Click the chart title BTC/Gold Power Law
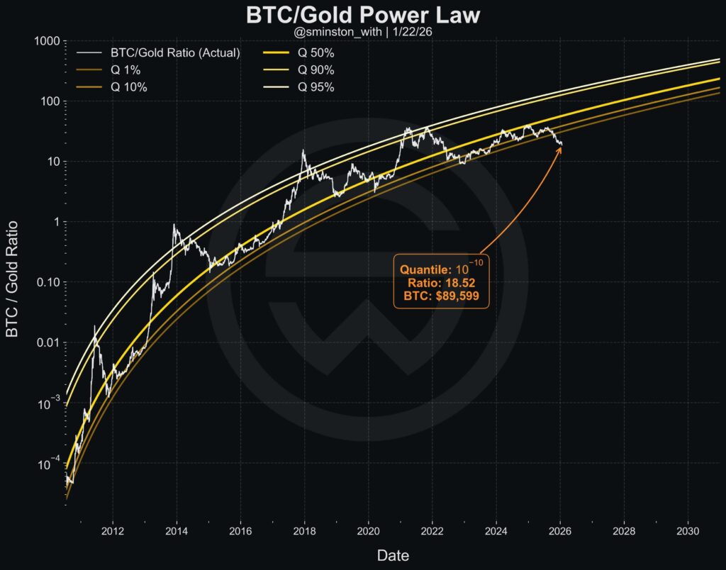[x=362, y=15]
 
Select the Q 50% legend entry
[x=315, y=52]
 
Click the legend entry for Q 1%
[x=127, y=69]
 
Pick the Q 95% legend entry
[x=315, y=87]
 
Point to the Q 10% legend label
[x=130, y=87]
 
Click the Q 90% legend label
[x=315, y=69]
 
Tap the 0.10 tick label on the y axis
[x=47, y=282]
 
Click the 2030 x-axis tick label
[x=687, y=530]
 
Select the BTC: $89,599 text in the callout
[x=441, y=296]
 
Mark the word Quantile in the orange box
[x=423, y=270]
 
